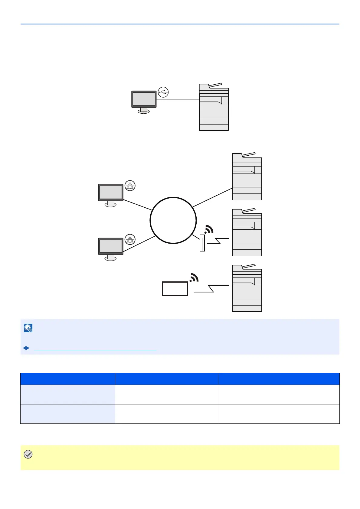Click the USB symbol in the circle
point(163,92)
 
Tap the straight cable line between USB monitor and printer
point(178,99)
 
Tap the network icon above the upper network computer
point(130,186)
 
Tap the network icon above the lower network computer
point(130,240)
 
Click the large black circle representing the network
point(173,220)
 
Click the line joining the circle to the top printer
point(212,197)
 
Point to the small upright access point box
point(202,243)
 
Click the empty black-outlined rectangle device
point(175,289)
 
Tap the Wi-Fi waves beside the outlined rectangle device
point(194,277)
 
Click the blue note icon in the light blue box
point(28,328)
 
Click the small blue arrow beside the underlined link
point(27,348)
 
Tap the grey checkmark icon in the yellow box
point(28,454)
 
